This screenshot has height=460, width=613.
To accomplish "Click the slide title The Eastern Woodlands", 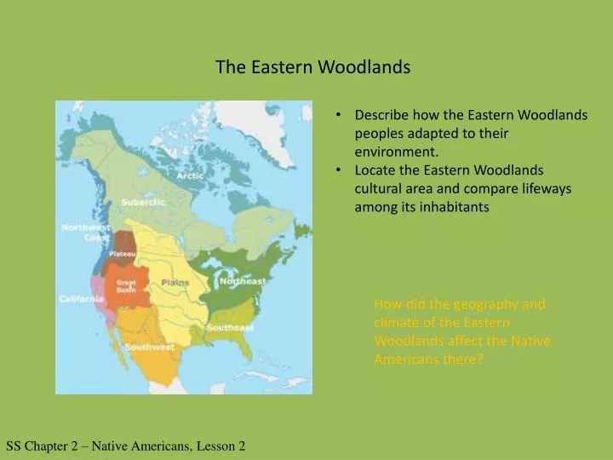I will click(312, 67).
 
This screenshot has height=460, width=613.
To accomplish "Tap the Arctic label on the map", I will click(189, 175).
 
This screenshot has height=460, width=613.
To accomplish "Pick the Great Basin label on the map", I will click(126, 285).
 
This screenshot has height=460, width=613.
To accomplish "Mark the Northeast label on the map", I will click(243, 281).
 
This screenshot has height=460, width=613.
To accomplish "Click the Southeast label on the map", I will click(230, 328).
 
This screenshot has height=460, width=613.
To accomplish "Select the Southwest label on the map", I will click(149, 347).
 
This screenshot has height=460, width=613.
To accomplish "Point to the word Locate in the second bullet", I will click(375, 170).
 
